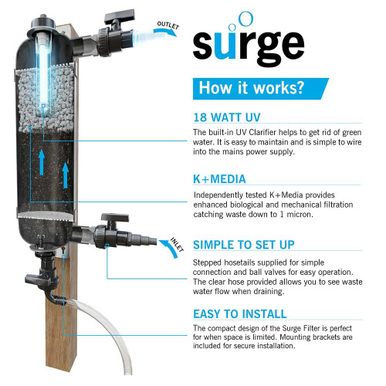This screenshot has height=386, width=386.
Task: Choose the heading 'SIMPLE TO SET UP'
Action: tap(242, 245)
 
